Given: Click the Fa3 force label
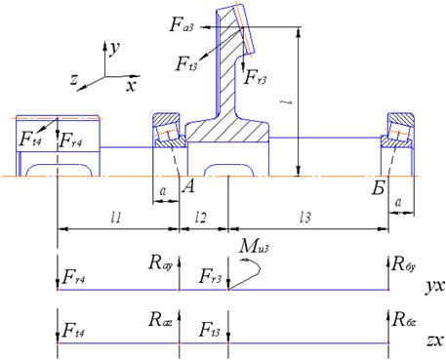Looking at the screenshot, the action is (x=182, y=24).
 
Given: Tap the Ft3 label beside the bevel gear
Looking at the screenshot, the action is (x=186, y=63).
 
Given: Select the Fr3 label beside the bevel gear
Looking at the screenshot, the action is (x=256, y=77).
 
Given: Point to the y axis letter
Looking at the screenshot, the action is (x=115, y=49).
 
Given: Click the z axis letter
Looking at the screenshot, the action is (x=74, y=79).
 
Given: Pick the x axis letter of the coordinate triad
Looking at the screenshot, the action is (x=132, y=86).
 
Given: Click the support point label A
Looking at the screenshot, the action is (x=188, y=186).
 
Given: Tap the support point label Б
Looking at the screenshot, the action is (x=379, y=187).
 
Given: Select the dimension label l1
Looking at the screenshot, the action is (x=116, y=218).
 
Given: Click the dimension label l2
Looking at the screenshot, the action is (x=200, y=218).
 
